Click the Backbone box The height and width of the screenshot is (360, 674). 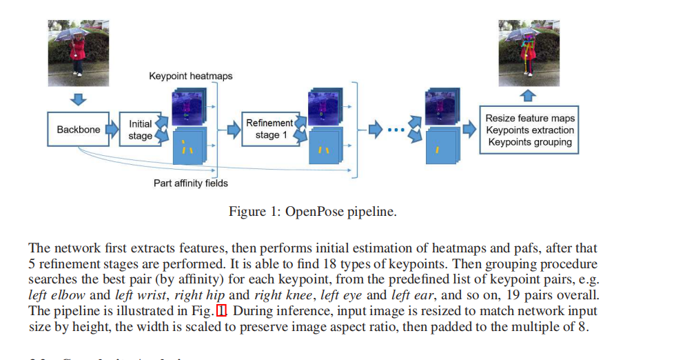(79, 130)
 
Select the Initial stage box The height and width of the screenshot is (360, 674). (140, 130)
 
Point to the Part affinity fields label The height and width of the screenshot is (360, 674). (190, 183)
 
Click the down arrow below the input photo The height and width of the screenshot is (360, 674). (79, 99)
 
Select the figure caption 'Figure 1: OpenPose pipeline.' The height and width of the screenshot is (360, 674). (312, 212)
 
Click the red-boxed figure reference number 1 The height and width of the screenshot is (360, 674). (221, 311)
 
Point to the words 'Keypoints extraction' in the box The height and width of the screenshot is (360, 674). (529, 130)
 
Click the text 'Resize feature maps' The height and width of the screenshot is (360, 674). (529, 118)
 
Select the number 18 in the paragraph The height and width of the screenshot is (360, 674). (253, 264)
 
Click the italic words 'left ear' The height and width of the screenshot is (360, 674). (412, 295)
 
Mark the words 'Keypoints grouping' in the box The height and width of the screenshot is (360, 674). (529, 142)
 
